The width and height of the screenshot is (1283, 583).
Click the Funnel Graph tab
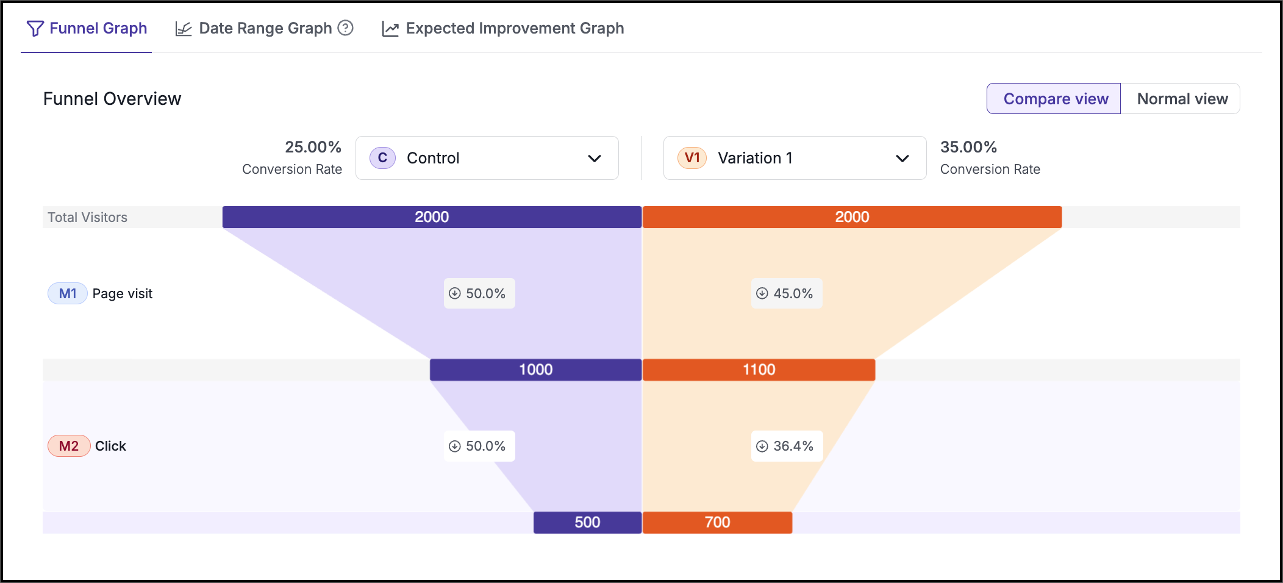(x=87, y=29)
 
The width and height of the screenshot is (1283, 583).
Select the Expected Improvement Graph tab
(x=502, y=29)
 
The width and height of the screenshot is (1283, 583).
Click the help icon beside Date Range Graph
(x=346, y=28)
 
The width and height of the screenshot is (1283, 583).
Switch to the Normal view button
(x=1182, y=99)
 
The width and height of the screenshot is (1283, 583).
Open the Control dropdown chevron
(x=595, y=159)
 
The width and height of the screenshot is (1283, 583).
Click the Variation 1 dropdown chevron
(x=902, y=159)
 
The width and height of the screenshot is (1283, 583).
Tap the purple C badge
(x=383, y=158)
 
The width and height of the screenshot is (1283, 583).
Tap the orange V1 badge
(x=692, y=158)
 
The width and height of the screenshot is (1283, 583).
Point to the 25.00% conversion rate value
(x=313, y=147)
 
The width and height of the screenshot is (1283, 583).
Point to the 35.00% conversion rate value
(x=968, y=147)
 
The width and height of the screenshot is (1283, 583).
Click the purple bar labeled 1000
(x=535, y=370)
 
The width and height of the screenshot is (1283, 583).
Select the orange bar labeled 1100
(x=759, y=370)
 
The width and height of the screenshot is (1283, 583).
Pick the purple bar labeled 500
(x=587, y=523)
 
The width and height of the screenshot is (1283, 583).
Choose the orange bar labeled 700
(x=717, y=523)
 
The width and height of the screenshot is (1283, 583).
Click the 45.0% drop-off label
(x=787, y=293)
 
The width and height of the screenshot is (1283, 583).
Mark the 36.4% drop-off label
(x=787, y=446)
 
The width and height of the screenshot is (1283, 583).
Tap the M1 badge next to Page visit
(x=68, y=294)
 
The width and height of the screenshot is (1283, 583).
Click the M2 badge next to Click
(x=69, y=446)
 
